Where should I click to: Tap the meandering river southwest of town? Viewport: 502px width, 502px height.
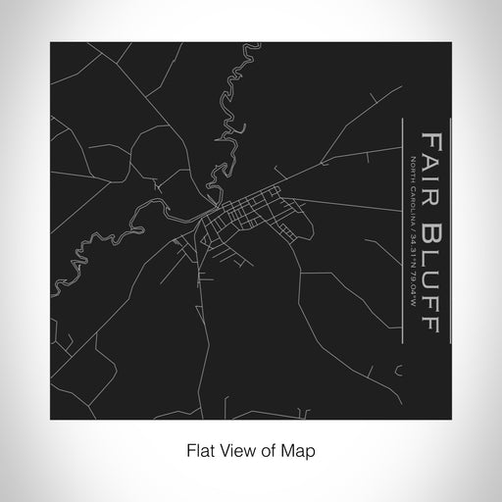pyautogui.click(x=98, y=250)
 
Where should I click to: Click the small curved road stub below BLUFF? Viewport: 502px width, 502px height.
pyautogui.click(x=398, y=370)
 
